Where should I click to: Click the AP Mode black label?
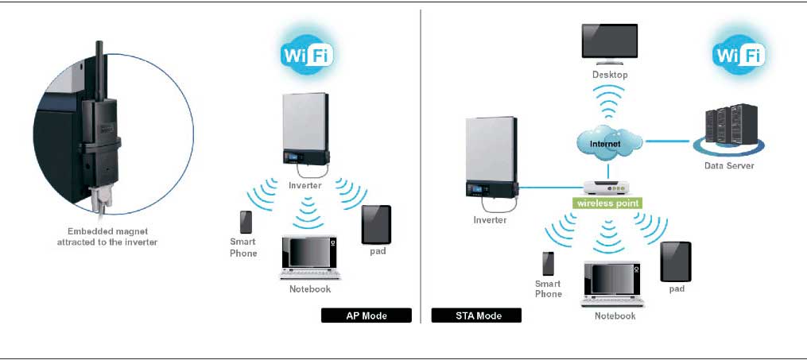[x=366, y=315]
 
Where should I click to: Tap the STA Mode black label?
[x=477, y=315]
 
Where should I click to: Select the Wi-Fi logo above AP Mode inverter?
[x=308, y=56]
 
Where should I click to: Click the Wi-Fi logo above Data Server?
[x=738, y=56]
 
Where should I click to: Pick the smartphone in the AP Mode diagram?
[x=246, y=222]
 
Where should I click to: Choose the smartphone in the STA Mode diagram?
[x=548, y=263]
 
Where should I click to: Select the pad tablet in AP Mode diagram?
[x=376, y=225]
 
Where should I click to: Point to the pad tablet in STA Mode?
[x=676, y=261]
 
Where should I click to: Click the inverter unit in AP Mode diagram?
[x=306, y=131]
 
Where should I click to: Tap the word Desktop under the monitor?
[x=610, y=75]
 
